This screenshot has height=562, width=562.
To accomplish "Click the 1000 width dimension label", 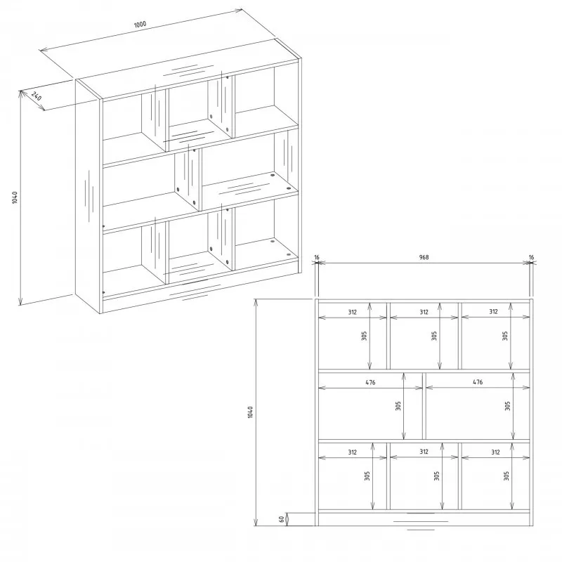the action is pyautogui.click(x=140, y=25).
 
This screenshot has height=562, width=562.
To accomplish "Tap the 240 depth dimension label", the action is pyautogui.click(x=37, y=96).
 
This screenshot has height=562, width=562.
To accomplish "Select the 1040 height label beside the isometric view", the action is pyautogui.click(x=15, y=197).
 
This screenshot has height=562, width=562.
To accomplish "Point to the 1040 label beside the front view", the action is pyautogui.click(x=250, y=412).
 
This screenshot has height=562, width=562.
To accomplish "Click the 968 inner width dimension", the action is pyautogui.click(x=424, y=257).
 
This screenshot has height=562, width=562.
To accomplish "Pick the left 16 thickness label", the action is pyautogui.click(x=317, y=257).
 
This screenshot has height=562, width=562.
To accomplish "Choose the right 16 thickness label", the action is pyautogui.click(x=531, y=257).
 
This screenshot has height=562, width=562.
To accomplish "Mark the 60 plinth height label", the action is pyautogui.click(x=282, y=518).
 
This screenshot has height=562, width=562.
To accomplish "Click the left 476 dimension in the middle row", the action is pyautogui.click(x=370, y=382).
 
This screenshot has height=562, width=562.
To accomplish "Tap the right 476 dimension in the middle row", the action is pyautogui.click(x=478, y=382).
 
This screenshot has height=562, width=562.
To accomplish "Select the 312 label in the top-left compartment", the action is pyautogui.click(x=353, y=312).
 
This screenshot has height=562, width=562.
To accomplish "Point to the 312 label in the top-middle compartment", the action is pyautogui.click(x=424, y=312).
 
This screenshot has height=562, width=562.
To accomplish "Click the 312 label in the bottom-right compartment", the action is pyautogui.click(x=495, y=452).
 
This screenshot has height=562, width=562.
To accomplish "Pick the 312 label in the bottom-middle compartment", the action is pyautogui.click(x=424, y=452).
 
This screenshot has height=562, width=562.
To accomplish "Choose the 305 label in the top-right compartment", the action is pyautogui.click(x=505, y=336).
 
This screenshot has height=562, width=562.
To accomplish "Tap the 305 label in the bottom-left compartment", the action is pyautogui.click(x=367, y=476).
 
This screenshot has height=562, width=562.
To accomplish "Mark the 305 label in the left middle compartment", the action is pyautogui.click(x=398, y=406).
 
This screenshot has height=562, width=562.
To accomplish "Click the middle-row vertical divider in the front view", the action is pyautogui.click(x=424, y=406).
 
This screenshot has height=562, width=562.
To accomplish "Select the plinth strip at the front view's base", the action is pyautogui.click(x=424, y=519).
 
